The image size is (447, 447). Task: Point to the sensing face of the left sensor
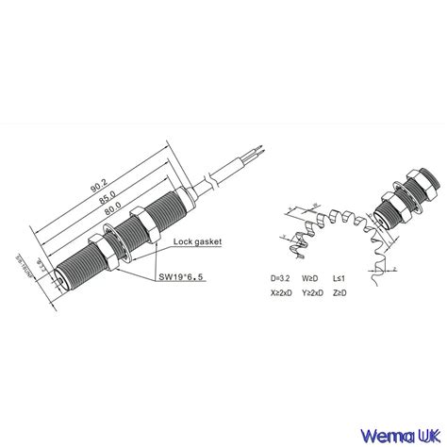tap(60, 277)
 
